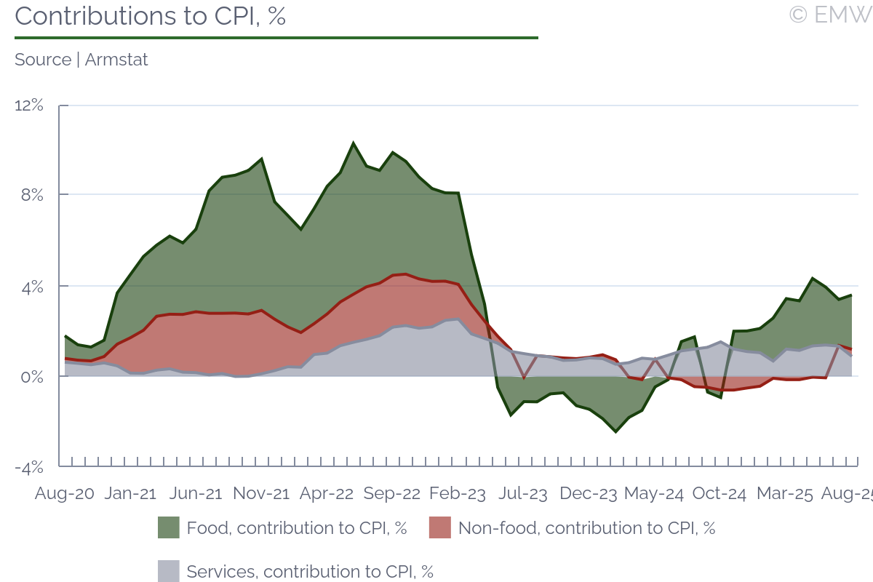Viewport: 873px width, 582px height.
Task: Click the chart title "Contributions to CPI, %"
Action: pos(150,16)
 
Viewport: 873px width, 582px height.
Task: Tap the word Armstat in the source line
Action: pos(116,60)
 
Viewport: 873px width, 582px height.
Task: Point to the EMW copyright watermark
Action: pos(830,15)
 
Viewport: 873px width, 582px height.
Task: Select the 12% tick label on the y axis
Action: pos(29,105)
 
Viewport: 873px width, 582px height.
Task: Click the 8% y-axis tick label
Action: pos(32,196)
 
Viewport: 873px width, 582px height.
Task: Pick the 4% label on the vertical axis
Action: pos(32,287)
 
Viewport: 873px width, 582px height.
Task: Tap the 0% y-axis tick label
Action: pos(32,377)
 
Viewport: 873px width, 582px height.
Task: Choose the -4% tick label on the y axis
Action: pos(29,467)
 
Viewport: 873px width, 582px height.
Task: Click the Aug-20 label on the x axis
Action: pos(65,493)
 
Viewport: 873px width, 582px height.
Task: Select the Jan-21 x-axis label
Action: pos(131,493)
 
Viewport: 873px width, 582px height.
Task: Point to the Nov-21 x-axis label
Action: pos(261,493)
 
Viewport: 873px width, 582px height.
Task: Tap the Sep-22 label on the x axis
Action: pos(392,493)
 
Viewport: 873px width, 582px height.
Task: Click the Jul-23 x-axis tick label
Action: pos(522,493)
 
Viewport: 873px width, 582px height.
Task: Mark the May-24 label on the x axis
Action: pos(654,493)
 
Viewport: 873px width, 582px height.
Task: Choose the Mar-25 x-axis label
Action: pos(784,493)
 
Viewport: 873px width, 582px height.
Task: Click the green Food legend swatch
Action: pos(168,528)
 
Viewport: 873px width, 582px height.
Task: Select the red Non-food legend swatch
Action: pos(440,528)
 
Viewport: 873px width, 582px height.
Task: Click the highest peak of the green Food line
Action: pos(353,143)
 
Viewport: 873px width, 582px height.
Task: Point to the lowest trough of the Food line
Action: pos(615,432)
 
